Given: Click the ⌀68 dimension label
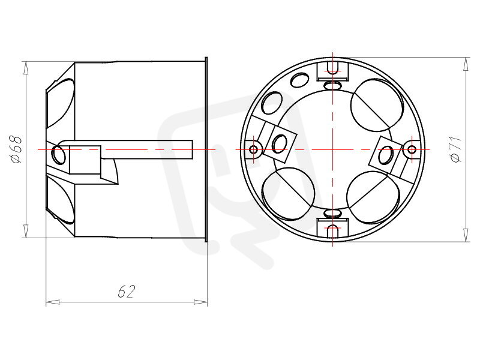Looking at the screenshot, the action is click(16, 149).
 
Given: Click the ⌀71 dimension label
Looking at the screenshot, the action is click(456, 149).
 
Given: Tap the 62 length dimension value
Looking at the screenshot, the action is click(127, 292).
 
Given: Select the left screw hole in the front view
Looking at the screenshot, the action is click(254, 149).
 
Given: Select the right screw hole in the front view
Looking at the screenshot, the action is click(412, 149).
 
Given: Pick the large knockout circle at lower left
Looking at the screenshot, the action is click(289, 194).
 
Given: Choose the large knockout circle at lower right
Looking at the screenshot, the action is click(373, 197).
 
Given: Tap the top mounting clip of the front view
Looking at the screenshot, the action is click(333, 71).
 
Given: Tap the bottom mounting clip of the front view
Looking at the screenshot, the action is click(333, 228).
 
